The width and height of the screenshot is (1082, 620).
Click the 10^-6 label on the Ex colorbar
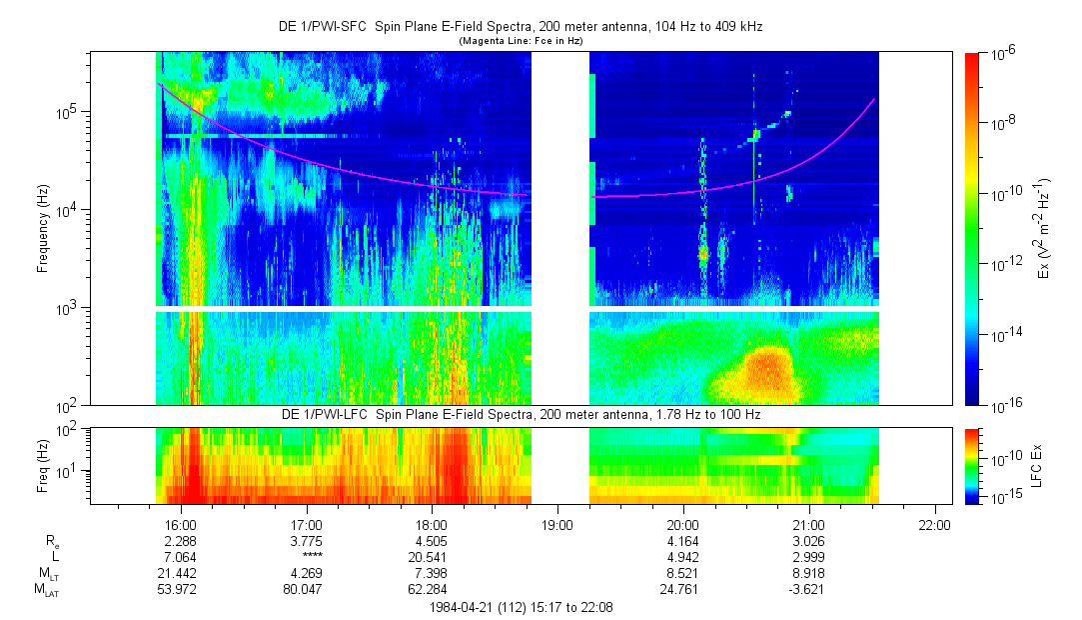coord(1001,56)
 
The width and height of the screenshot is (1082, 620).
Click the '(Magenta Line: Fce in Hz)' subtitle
coord(521,41)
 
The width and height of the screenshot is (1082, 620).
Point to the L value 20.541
coord(432,556)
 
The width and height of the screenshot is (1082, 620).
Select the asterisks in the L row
coord(306,556)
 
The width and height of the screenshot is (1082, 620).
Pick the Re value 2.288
coord(180,540)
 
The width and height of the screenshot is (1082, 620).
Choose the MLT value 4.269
coord(306,572)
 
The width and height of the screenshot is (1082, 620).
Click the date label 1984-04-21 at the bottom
coord(464,607)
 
